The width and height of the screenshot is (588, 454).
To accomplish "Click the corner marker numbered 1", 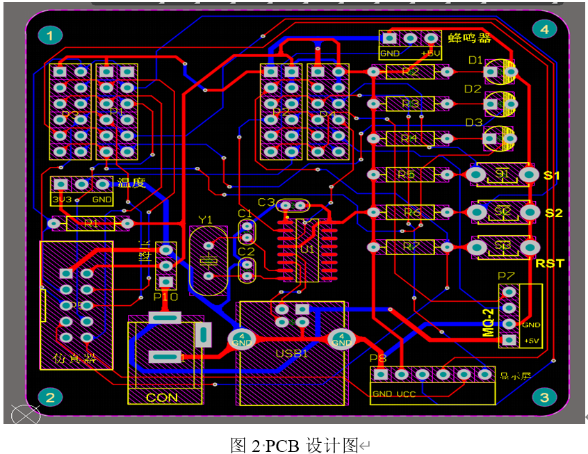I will (x=50, y=35).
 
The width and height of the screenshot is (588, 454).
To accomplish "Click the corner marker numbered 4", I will (x=544, y=29).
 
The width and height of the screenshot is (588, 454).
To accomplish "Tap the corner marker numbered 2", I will (x=50, y=397).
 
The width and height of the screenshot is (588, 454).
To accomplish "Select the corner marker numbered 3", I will (x=544, y=397).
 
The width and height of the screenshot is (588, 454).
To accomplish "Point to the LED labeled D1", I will (x=500, y=71).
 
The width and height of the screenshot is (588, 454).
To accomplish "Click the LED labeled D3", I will (x=500, y=137).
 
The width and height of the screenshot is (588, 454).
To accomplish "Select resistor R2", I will (x=410, y=72).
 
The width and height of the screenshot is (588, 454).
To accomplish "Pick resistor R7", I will (x=410, y=247).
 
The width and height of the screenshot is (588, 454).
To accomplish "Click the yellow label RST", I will (x=550, y=264).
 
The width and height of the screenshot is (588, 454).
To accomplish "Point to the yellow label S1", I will (x=552, y=175).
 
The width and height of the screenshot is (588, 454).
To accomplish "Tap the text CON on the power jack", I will (x=162, y=398).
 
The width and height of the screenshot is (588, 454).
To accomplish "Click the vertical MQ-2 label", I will (x=489, y=321).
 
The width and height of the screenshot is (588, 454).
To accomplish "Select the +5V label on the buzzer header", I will (x=431, y=53).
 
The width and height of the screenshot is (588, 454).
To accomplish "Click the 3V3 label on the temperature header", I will (x=62, y=199).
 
